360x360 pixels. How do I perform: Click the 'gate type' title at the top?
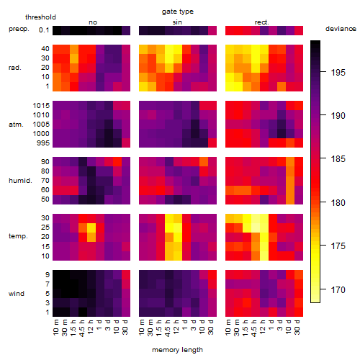tap(178, 12)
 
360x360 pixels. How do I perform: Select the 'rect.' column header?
tap(261, 22)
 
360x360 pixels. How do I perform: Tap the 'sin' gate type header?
tap(177, 22)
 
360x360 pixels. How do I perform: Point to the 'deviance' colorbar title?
tap(341, 29)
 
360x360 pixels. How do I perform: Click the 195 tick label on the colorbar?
tap(338, 72)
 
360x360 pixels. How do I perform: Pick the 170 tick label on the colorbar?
tap(338, 289)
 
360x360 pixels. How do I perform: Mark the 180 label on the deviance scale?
tap(338, 203)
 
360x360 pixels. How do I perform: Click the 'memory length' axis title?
tap(177, 350)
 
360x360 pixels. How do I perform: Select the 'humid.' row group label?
tap(20, 181)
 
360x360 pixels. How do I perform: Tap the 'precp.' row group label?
tap(19, 29)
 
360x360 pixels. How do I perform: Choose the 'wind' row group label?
tap(17, 294)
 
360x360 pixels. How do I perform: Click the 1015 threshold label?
tap(41, 106)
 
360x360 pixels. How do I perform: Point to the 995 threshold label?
tap(43, 143)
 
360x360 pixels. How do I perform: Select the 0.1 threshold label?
tap(44, 30)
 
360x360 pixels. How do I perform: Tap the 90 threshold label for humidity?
tap(45, 162)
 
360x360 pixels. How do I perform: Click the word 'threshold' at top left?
tap(40, 17)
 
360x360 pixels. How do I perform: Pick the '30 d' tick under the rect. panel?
tap(297, 327)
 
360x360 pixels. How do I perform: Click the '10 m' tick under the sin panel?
tap(142, 327)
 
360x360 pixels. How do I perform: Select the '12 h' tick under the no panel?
tap(90, 327)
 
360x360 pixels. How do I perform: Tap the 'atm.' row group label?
tap(16, 125)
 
